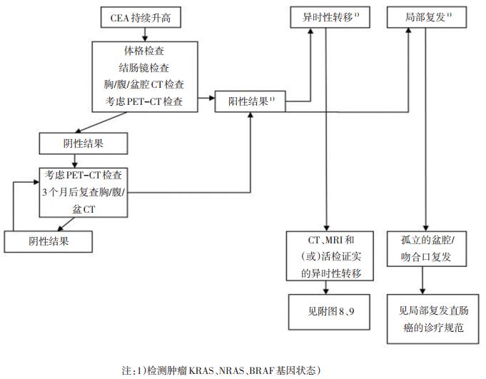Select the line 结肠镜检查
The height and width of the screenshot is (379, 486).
143,69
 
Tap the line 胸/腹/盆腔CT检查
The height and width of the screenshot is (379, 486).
143,85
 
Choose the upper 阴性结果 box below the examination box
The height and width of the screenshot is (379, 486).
85,143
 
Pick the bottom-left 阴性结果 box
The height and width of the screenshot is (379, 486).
49,241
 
